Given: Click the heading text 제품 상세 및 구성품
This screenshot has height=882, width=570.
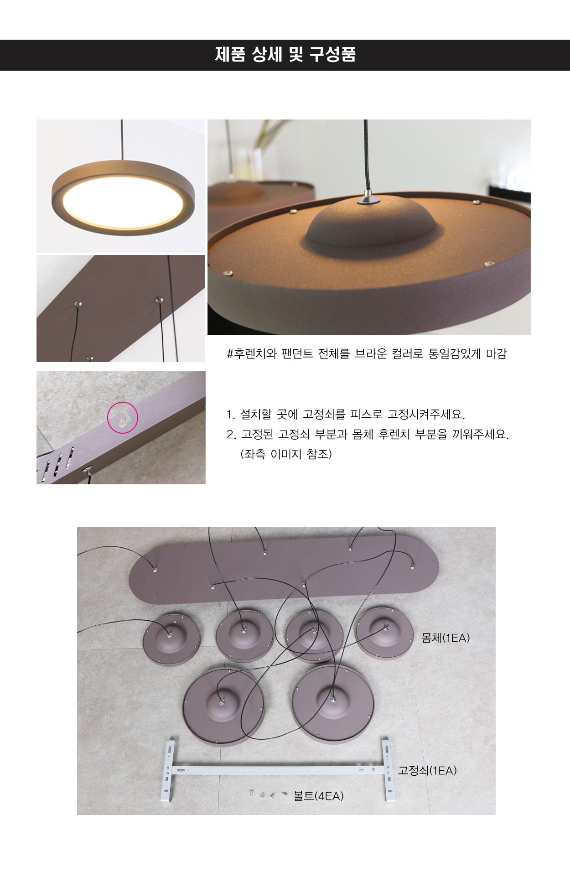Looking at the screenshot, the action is click(285, 55).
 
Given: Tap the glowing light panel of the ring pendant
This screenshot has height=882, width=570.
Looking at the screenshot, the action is click(123, 201).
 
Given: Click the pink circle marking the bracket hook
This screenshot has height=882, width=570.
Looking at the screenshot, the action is click(123, 417).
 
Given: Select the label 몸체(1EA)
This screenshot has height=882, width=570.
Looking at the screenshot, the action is click(445, 638).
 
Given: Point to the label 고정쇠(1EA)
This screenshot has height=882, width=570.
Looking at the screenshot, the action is click(427, 770).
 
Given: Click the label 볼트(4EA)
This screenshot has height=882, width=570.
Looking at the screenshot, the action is click(318, 796).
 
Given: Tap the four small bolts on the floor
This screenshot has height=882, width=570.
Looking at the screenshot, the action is click(268, 794).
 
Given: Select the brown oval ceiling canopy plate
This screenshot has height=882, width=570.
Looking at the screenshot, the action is click(284, 570).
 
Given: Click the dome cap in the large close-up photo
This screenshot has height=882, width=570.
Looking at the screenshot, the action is click(371, 222).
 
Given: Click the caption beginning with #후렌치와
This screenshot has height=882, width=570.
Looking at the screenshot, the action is click(367, 353).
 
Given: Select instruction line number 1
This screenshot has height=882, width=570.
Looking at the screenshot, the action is click(346, 415).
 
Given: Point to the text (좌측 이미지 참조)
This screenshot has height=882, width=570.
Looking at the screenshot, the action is click(286, 454).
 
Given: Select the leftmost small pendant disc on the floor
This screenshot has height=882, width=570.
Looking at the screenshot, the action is click(171, 640).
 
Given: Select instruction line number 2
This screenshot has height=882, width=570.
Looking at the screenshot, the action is click(368, 434).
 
